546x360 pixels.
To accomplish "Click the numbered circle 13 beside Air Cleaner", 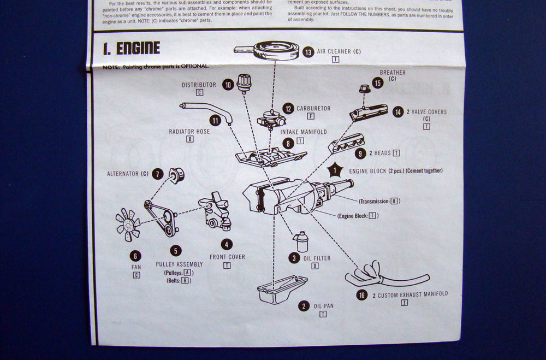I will (x=308, y=52).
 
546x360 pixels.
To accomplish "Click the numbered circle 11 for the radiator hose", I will (x=215, y=121).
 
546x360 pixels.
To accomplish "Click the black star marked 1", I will (x=335, y=170).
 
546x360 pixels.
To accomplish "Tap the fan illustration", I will (x=128, y=225).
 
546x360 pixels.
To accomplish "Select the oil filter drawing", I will (x=301, y=241).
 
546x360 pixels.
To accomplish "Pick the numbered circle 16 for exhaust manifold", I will (x=361, y=294).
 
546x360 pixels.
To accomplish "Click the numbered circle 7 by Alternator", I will (x=158, y=174).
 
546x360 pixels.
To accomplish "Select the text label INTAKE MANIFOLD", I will (x=304, y=132).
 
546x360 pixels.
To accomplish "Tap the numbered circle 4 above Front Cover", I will (x=227, y=244).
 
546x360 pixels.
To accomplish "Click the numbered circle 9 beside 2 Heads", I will (x=359, y=154).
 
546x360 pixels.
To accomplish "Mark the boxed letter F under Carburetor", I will (x=311, y=116).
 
